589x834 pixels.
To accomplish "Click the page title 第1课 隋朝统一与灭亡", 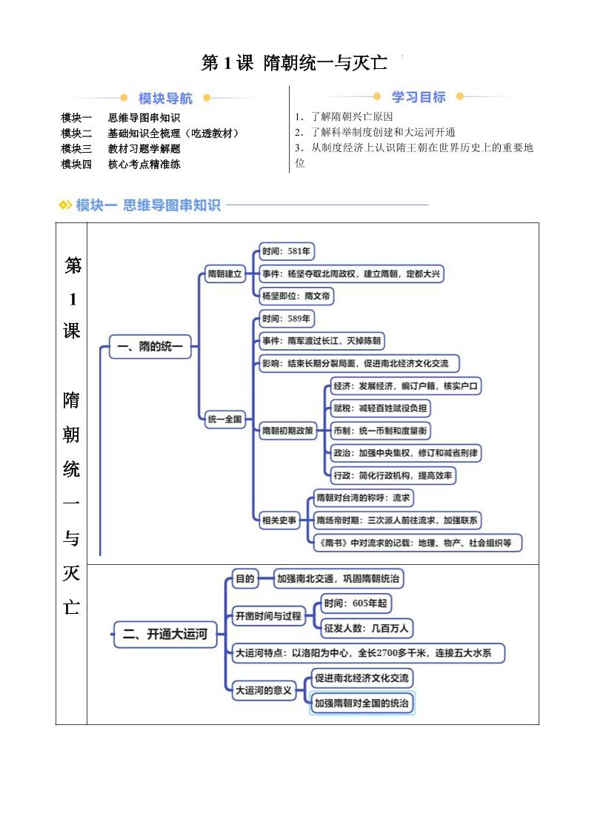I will (294, 63).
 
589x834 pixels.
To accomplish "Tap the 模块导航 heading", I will (165, 98).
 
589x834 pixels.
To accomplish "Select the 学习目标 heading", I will (419, 97).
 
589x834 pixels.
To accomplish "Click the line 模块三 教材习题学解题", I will (121, 148).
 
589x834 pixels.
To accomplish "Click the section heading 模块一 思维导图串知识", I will (147, 205).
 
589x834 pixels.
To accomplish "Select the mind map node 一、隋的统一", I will (150, 346).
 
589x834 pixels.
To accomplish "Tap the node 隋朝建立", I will (224, 274).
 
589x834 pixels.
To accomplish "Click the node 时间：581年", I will (286, 251).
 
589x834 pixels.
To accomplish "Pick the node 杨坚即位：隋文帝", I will (296, 297).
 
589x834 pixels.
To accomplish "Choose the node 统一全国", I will (224, 419).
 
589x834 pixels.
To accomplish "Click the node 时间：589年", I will (286, 319).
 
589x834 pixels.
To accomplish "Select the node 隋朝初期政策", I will (287, 431).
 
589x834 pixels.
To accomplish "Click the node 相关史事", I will (279, 520).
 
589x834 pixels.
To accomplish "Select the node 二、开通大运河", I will (164, 634).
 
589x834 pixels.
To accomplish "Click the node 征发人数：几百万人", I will (366, 629).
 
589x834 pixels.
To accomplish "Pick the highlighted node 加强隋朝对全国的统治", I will (362, 703).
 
